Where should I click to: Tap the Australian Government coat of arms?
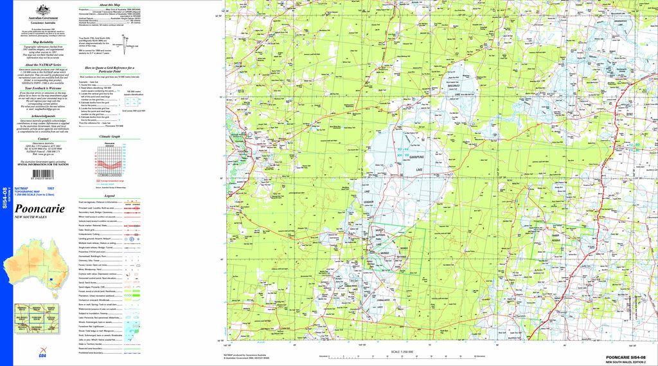click(43, 10)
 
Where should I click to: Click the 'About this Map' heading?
click(109, 4)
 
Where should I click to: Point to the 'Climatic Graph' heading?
click(109, 136)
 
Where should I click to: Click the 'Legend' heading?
click(109, 196)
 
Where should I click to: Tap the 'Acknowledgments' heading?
click(43, 116)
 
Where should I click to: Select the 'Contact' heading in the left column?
click(43, 138)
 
